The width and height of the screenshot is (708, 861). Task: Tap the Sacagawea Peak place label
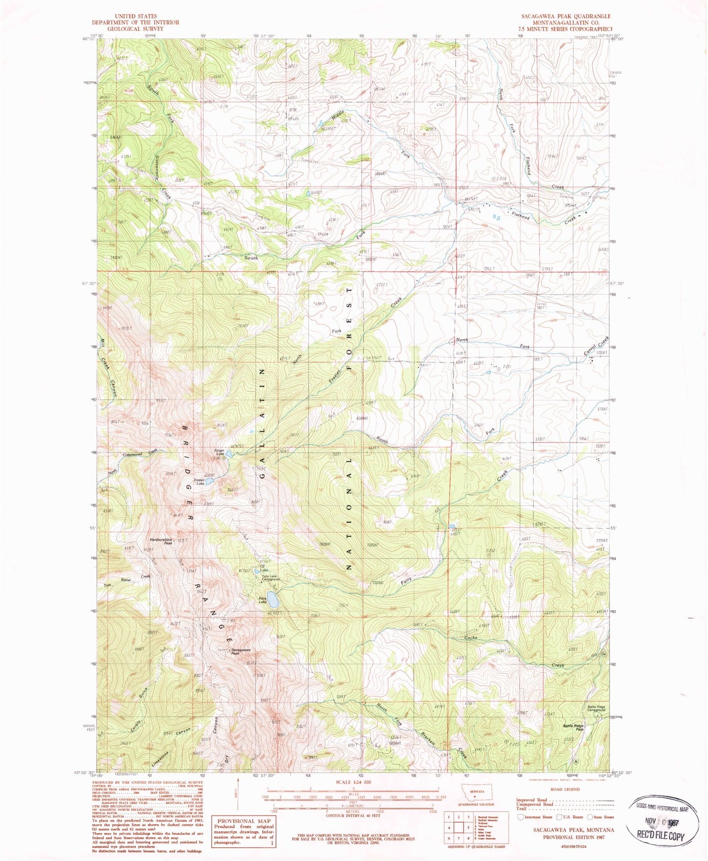241,651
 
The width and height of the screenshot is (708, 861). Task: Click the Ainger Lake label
219,452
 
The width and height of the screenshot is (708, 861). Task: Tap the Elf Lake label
264,569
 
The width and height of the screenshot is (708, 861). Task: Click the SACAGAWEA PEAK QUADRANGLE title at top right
566,16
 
